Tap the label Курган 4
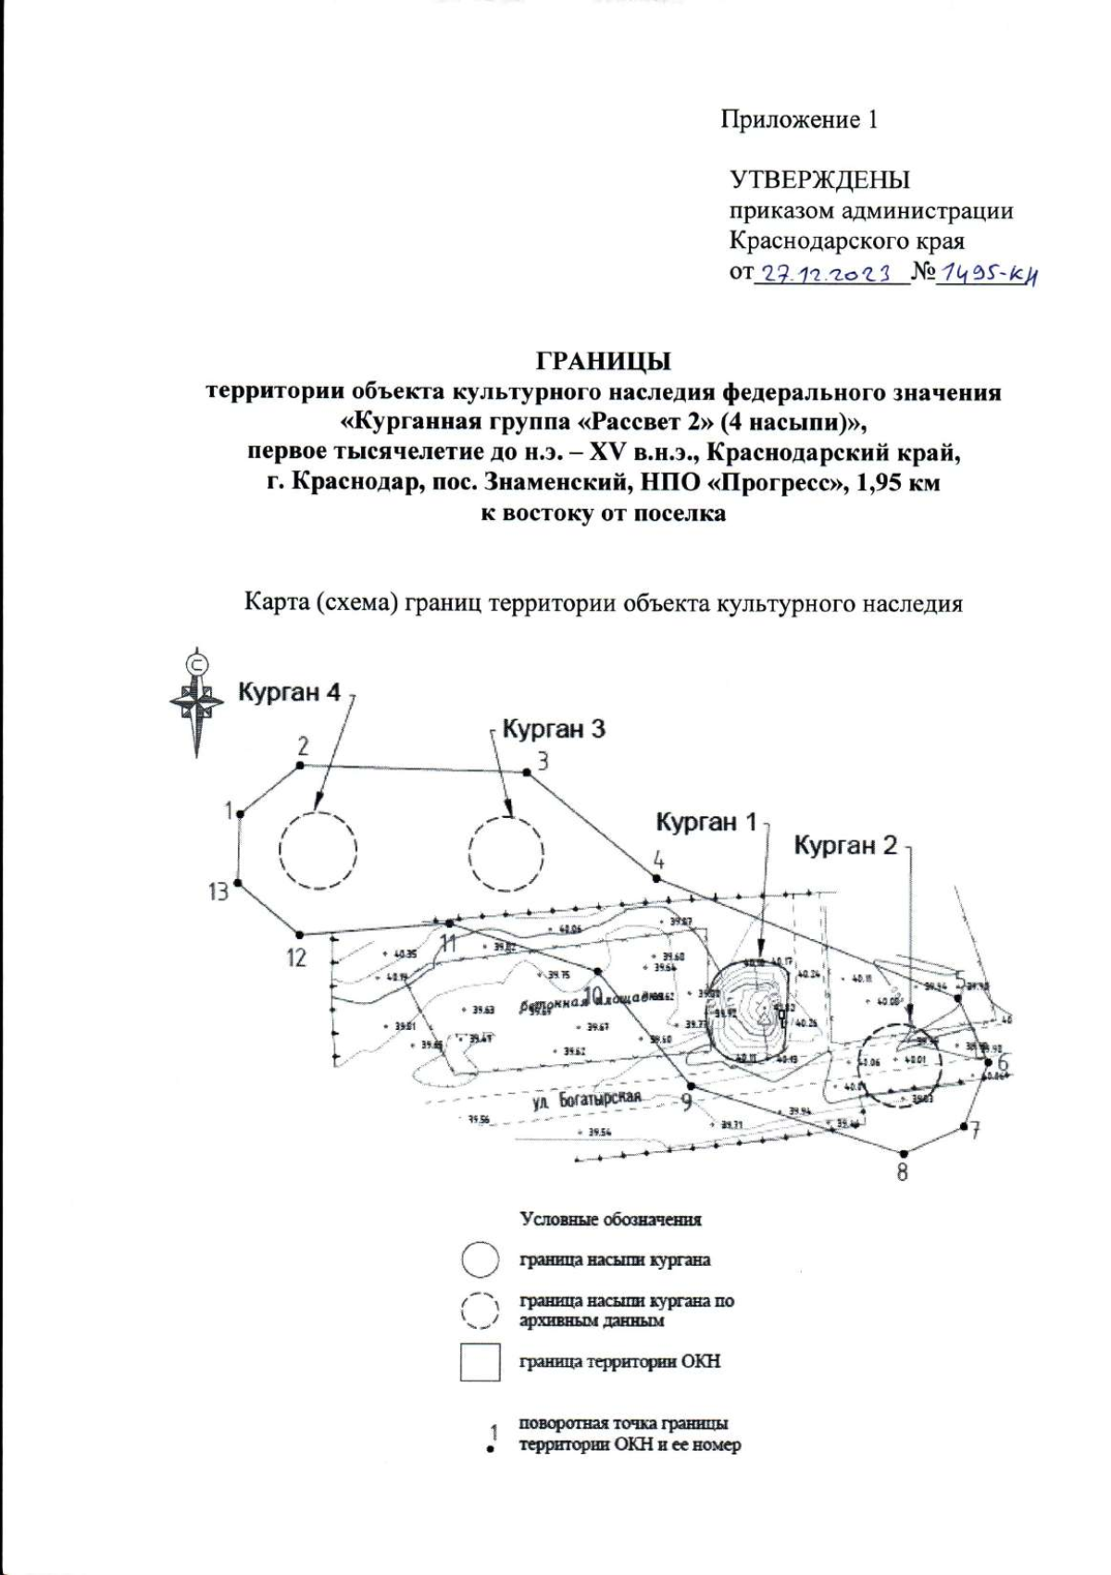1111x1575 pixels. [289, 692]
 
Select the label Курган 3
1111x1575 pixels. [553, 728]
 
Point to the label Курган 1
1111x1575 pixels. [706, 821]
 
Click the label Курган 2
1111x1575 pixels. [845, 845]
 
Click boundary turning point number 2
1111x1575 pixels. [300, 765]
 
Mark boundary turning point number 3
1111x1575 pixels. [527, 771]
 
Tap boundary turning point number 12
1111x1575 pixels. [298, 933]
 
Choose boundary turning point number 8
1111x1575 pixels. [904, 1152]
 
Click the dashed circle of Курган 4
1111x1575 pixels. [318, 850]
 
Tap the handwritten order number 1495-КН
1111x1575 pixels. [985, 274]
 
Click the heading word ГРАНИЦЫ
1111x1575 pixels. [604, 359]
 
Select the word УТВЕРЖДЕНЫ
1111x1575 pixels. [819, 180]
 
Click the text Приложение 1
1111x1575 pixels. [798, 119]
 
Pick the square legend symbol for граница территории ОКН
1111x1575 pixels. [481, 1362]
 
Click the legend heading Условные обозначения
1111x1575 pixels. [610, 1219]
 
